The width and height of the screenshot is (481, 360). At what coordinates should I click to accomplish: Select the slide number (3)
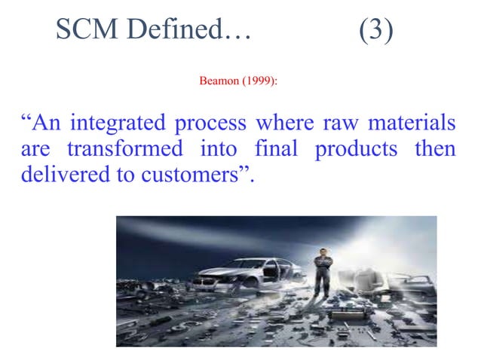(x=375, y=30)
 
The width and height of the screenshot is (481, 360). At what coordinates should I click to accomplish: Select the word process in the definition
(x=215, y=124)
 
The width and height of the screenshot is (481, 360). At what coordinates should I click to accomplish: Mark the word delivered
(x=60, y=175)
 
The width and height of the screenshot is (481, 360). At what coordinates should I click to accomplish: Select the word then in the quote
(x=435, y=149)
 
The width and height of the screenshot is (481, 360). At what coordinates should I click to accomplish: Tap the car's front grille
(x=205, y=284)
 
